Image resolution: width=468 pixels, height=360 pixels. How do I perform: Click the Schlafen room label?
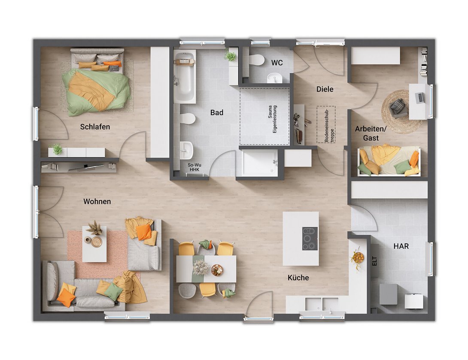coord(95,127)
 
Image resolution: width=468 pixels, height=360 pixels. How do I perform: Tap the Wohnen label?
coord(97,202)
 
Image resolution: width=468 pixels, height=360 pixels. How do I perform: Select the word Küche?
coord(298,278)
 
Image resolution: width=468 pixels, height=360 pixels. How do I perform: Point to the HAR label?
coord(401,246)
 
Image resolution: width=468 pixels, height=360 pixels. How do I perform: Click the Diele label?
coord(325,89)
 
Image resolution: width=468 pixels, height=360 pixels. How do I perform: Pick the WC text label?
coord(277,63)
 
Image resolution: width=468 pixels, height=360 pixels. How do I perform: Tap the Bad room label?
coord(217,112)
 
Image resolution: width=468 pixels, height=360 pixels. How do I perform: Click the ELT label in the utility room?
coord(375,261)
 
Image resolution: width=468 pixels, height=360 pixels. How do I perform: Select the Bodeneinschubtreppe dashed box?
coord(326,124)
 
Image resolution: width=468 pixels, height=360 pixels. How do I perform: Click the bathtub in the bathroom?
coord(185,76)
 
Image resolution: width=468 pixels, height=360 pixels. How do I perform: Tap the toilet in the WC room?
coord(256,61)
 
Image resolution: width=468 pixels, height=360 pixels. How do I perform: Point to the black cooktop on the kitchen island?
coord(310,238)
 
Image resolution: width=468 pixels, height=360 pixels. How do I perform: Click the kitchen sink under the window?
coord(322,304)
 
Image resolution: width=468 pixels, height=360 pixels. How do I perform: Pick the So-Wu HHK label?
coord(194,167)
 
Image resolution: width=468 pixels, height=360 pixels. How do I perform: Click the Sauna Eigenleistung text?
coord(273,119)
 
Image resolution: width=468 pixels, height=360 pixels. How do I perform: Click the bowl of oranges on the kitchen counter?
coord(358,257)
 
